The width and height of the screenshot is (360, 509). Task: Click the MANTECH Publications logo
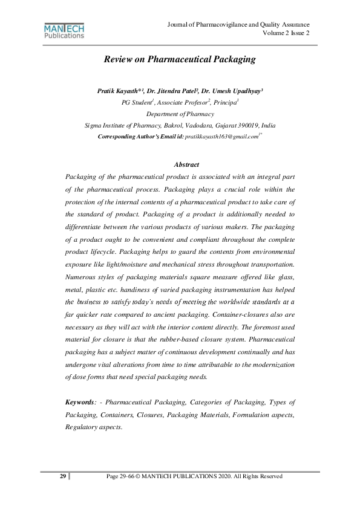tap(64, 30)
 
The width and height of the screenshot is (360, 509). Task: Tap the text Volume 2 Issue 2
tap(286, 33)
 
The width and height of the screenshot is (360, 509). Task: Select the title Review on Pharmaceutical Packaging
tap(180, 59)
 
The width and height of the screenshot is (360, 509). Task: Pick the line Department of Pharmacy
tap(180, 114)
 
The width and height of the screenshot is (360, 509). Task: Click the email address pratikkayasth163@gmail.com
tap(221, 137)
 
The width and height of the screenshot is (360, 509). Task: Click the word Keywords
tap(80, 402)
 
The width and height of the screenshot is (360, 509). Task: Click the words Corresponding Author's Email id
tap(140, 137)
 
